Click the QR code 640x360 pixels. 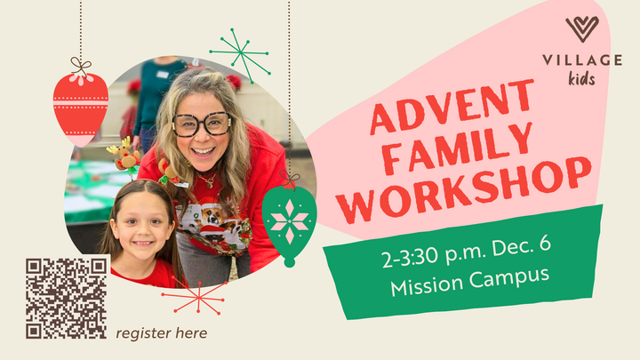tap(67, 298)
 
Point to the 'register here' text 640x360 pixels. tap(162, 333)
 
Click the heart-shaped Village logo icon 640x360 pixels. tap(582, 28)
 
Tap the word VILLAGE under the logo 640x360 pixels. tap(582, 60)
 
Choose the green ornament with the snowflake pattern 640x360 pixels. tap(289, 216)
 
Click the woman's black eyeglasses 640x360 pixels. tap(202, 124)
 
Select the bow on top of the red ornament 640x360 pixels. tap(81, 66)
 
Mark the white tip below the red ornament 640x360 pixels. tap(80, 140)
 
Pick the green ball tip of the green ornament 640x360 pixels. tap(289, 261)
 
